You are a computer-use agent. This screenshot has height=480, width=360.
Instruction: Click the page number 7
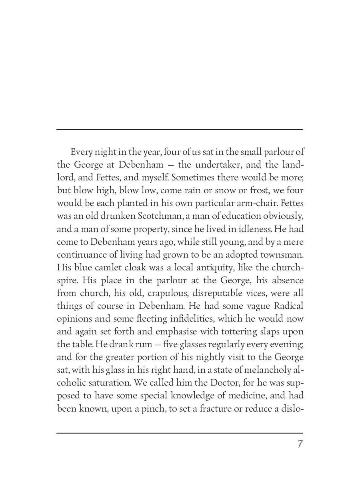[x=300, y=444]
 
